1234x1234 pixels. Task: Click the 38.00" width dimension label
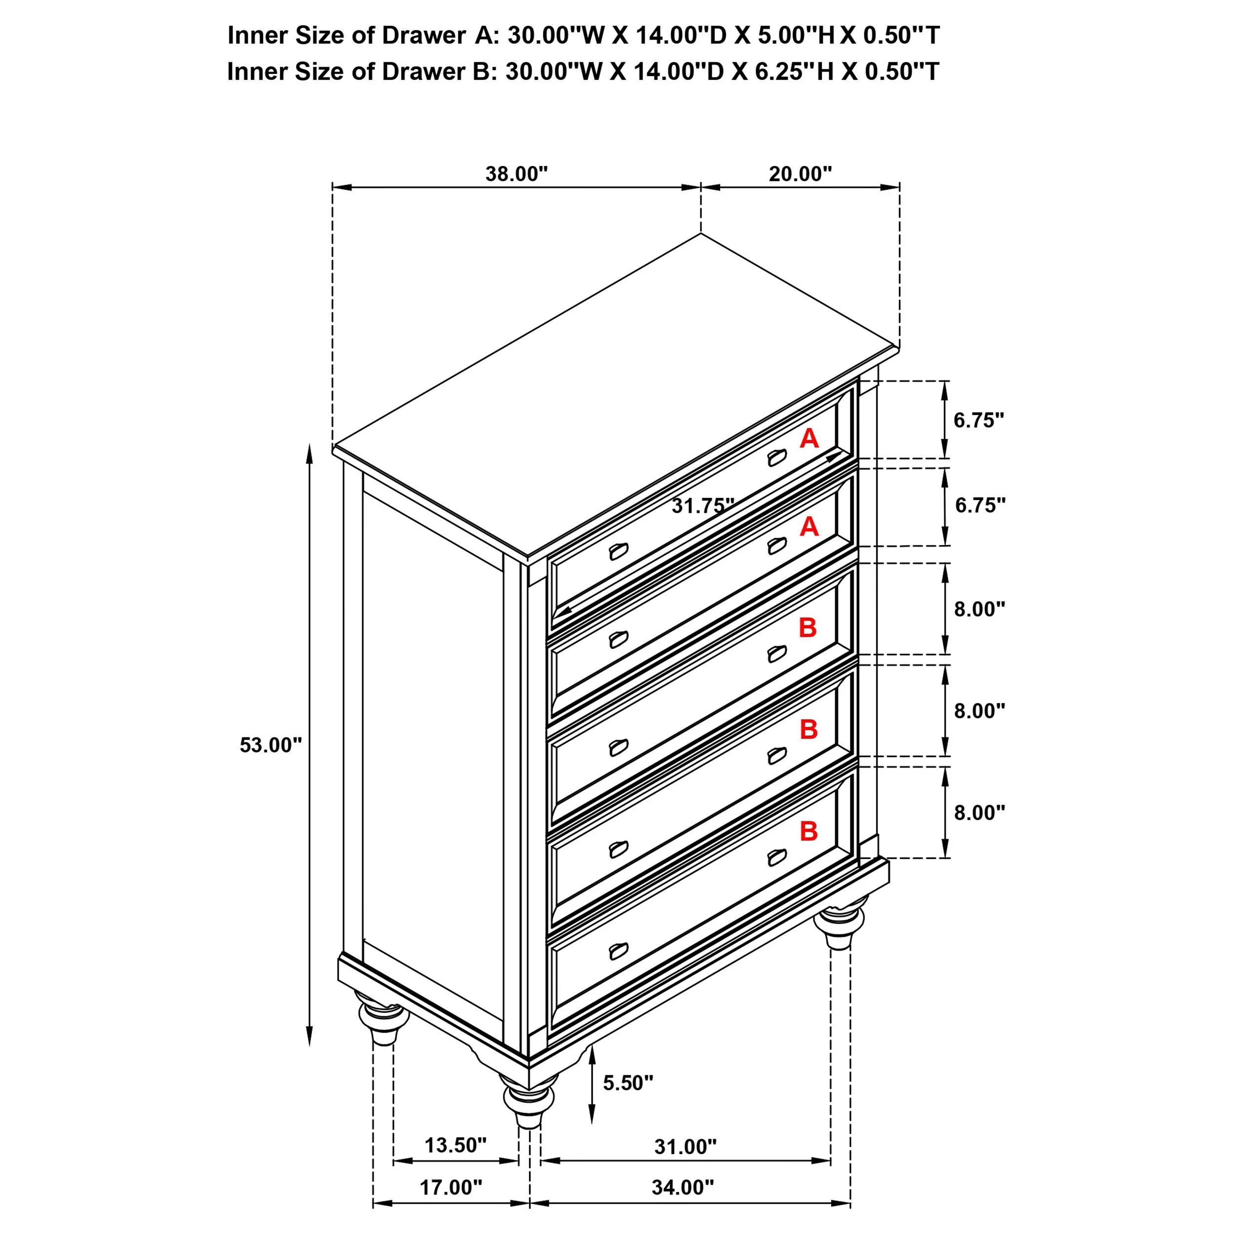[516, 174]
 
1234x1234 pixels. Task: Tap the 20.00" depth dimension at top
[800, 174]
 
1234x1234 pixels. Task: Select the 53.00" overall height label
[270, 745]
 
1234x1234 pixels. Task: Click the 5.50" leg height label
[628, 1082]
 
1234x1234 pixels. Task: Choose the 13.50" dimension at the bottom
[456, 1145]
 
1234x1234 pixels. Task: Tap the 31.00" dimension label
[685, 1147]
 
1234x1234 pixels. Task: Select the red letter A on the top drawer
[809, 438]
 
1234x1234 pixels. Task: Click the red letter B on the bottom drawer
[809, 831]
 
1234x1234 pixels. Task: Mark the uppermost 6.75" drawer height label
[978, 420]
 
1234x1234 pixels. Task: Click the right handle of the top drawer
[776, 458]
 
